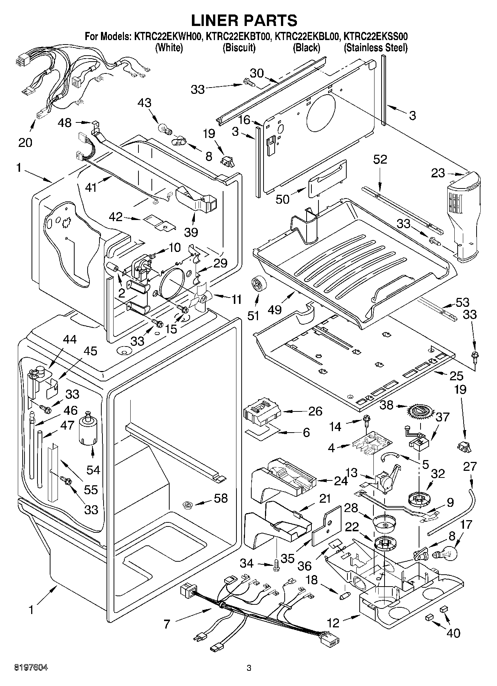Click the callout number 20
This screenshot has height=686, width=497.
25,142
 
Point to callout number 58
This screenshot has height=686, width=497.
220,498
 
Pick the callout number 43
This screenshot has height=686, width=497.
145,102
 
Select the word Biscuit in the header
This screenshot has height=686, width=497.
239,48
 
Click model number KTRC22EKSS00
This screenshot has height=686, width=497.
376,37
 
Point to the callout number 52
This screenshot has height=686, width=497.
380,159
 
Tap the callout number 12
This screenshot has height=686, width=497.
333,623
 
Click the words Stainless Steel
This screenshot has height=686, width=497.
375,48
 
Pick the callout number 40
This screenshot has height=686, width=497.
453,633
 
